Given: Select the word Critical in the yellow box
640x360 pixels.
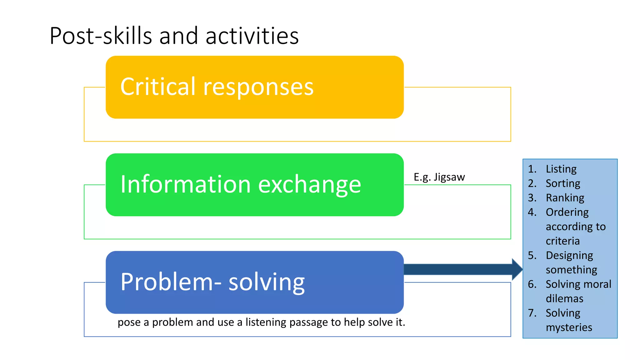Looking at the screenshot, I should pyautogui.click(x=158, y=87).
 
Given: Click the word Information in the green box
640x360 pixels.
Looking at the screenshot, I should pyautogui.click(x=186, y=184).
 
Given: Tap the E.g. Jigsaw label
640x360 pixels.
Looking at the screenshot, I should pyautogui.click(x=439, y=177).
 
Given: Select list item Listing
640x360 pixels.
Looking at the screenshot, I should pyautogui.click(x=561, y=169).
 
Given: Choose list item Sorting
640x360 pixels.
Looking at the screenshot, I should pyautogui.click(x=562, y=183).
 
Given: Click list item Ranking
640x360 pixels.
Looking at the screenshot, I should pyautogui.click(x=565, y=198).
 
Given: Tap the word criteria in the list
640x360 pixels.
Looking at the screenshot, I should pyautogui.click(x=562, y=241).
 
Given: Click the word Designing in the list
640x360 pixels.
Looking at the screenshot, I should pyautogui.click(x=569, y=256).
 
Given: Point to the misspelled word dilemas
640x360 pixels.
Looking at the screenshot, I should pyautogui.click(x=564, y=298).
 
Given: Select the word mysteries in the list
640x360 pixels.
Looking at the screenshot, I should pyautogui.click(x=569, y=327).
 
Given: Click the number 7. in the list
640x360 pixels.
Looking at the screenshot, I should pyautogui.click(x=532, y=313).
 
